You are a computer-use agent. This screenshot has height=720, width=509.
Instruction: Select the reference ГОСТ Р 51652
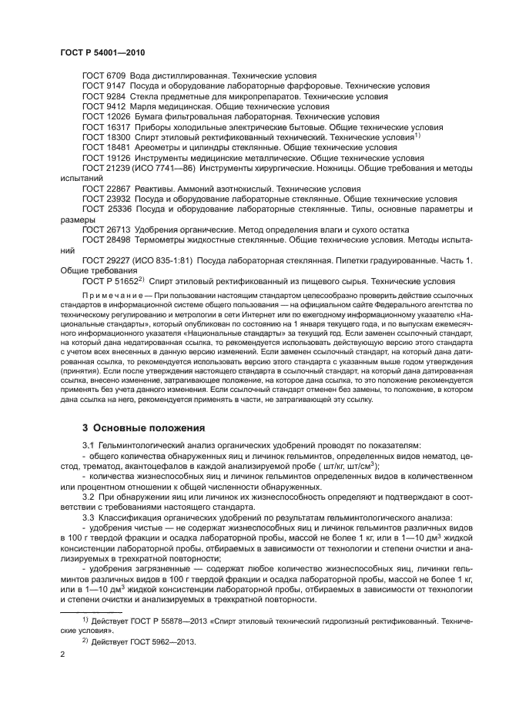coord(111,282)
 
